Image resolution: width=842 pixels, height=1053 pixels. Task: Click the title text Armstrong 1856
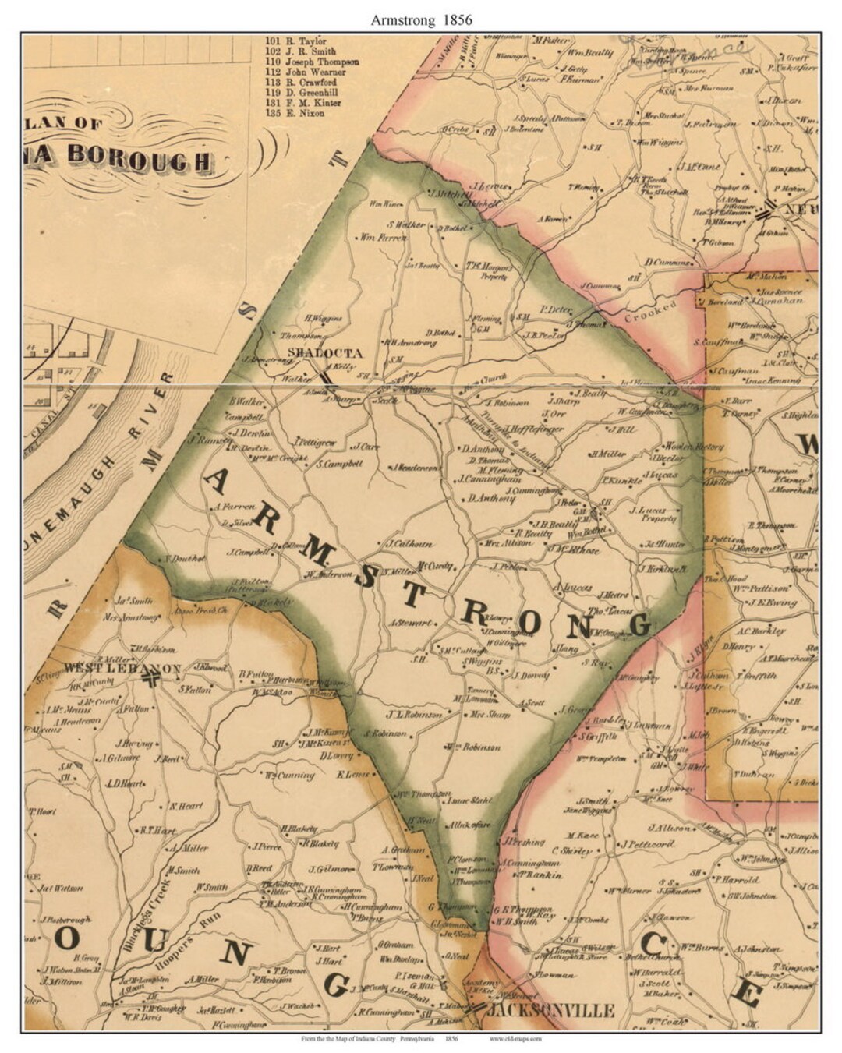point(421,19)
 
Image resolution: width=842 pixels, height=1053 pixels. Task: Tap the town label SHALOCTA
point(315,353)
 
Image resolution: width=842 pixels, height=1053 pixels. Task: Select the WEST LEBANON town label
point(123,669)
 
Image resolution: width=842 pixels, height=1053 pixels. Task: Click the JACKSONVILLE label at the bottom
point(550,1011)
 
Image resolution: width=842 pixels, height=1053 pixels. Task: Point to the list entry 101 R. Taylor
point(296,41)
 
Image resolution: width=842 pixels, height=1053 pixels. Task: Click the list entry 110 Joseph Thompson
point(312,62)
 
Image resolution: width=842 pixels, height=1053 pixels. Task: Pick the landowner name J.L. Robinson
point(414,713)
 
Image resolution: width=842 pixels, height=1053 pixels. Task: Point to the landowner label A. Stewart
point(409,624)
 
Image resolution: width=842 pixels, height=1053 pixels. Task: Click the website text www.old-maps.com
point(515,1038)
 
